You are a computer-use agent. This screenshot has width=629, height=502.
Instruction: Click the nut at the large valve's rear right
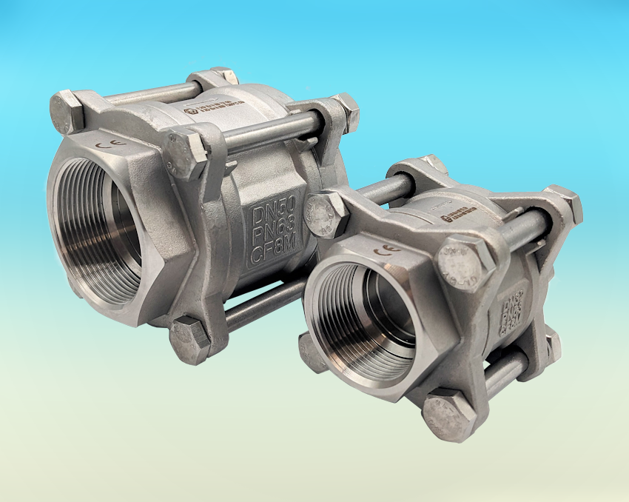point(344,107)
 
